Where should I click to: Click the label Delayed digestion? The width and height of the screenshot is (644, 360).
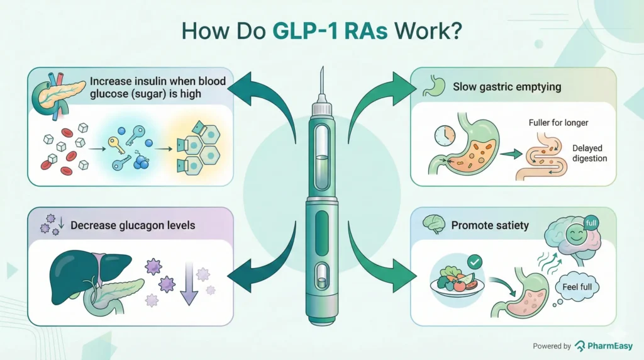point(589,153)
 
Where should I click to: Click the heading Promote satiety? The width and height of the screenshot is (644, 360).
point(491,225)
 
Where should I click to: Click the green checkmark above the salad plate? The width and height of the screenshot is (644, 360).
point(475,260)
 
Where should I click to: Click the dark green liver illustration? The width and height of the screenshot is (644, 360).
point(82,271)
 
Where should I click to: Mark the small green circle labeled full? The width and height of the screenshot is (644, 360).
point(591,223)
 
